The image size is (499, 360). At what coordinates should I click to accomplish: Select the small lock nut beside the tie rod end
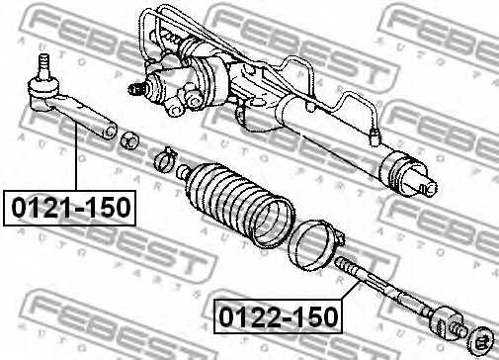coord(127,138)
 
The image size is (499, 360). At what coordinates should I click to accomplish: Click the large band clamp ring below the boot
coord(315,243)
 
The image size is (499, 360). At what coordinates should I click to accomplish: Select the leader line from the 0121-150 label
coord(73,158)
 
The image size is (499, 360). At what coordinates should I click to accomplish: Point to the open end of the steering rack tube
coord(420,178)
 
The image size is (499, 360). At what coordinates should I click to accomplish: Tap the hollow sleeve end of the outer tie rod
coord(107,128)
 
